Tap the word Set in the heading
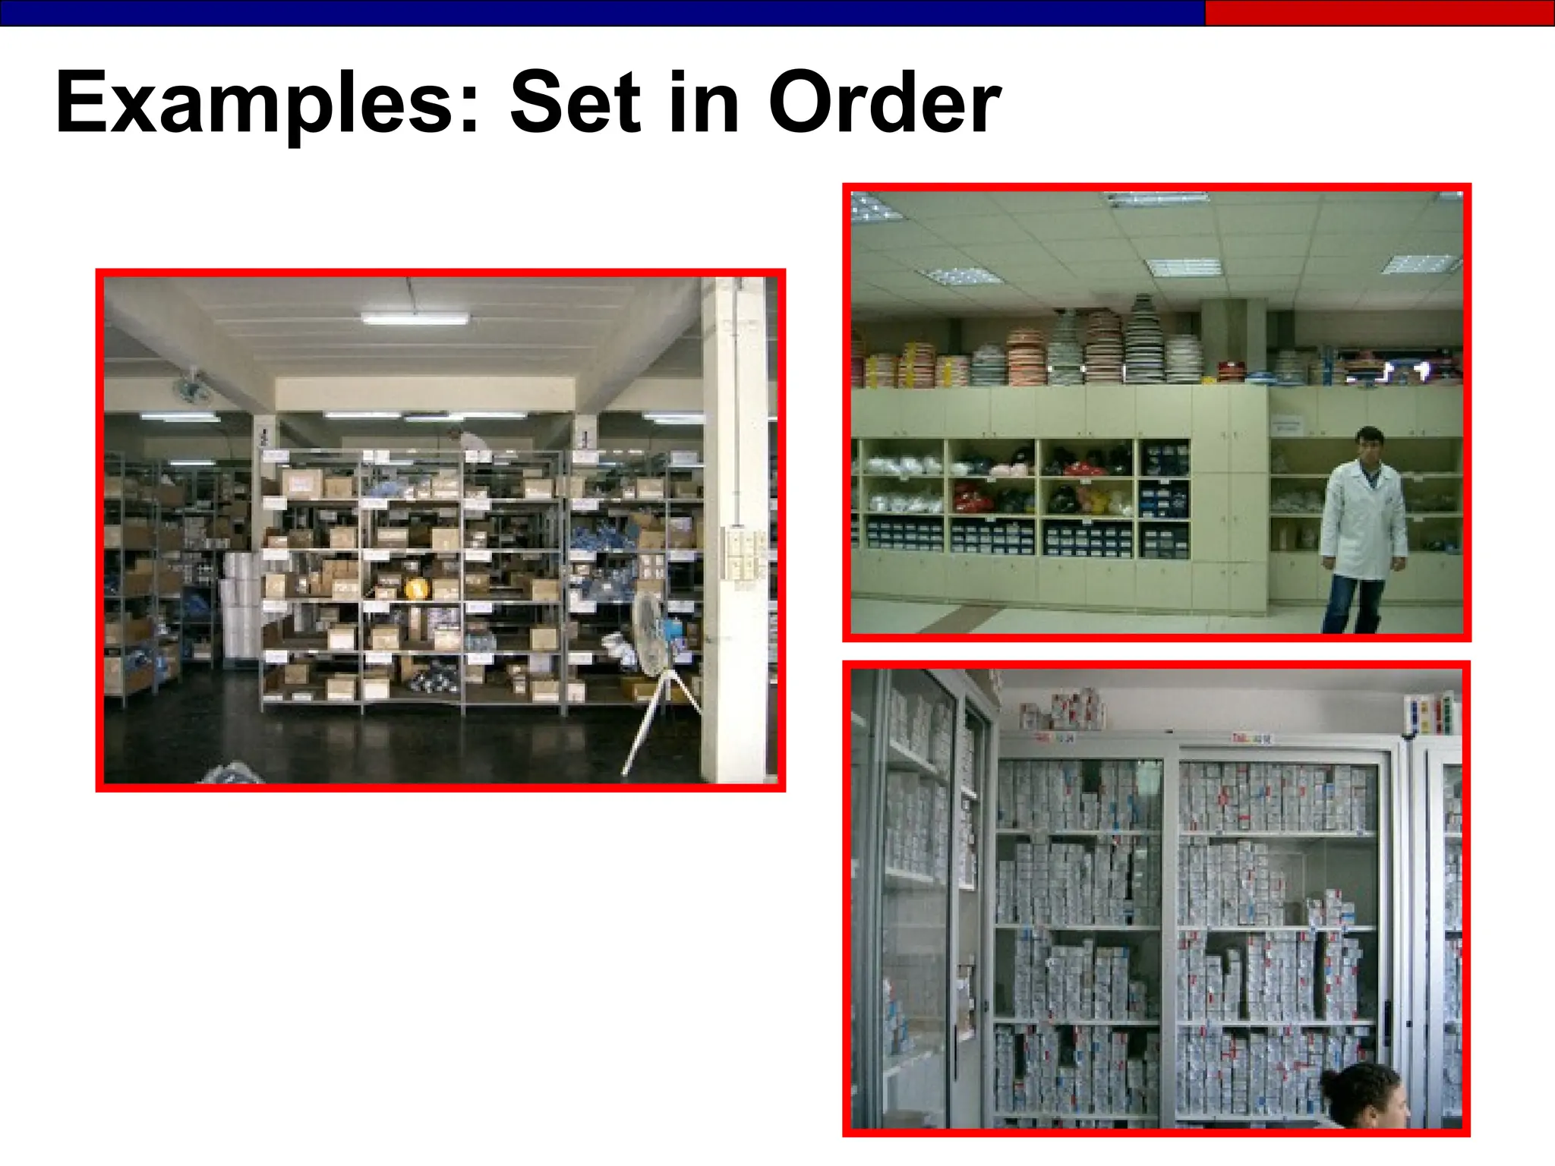(x=576, y=102)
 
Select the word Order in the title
(x=884, y=102)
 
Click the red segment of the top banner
(x=1379, y=13)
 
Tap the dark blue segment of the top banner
(x=600, y=13)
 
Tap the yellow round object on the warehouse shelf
(x=416, y=588)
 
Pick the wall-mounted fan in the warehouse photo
(x=191, y=389)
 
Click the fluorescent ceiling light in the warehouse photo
(x=415, y=318)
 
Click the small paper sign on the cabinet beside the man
(x=1285, y=425)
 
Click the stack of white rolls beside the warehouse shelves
(x=240, y=607)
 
